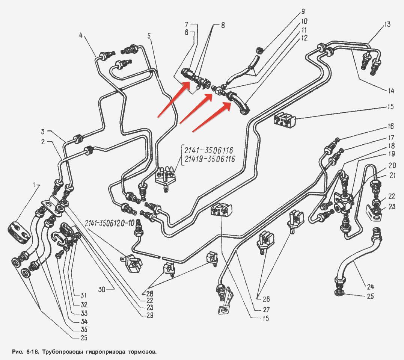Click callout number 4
(x=81, y=36)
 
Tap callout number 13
(x=387, y=25)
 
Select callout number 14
(x=391, y=91)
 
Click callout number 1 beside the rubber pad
(x=34, y=185)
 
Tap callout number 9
(x=303, y=12)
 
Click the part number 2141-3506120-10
(x=109, y=223)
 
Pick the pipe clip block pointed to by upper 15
(x=285, y=119)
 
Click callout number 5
(x=149, y=36)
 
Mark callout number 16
(x=391, y=127)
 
